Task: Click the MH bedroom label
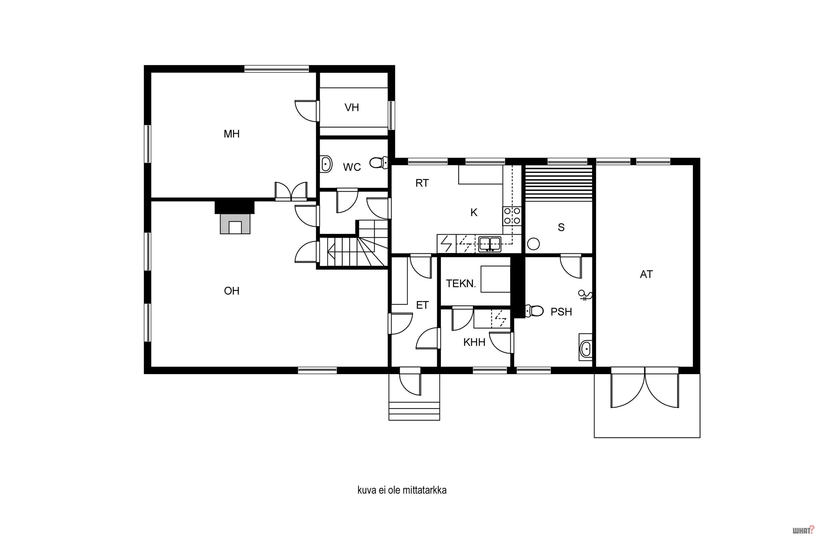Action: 232,134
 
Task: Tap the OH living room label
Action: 232,291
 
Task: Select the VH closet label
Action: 352,107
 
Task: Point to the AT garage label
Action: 646,275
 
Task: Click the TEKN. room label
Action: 461,284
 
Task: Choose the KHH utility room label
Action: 474,342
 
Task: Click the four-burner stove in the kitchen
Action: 512,216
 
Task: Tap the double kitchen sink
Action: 490,244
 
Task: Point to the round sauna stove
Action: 534,244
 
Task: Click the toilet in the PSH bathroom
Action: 534,311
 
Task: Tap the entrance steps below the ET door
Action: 414,411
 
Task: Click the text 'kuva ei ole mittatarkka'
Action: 402,490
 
